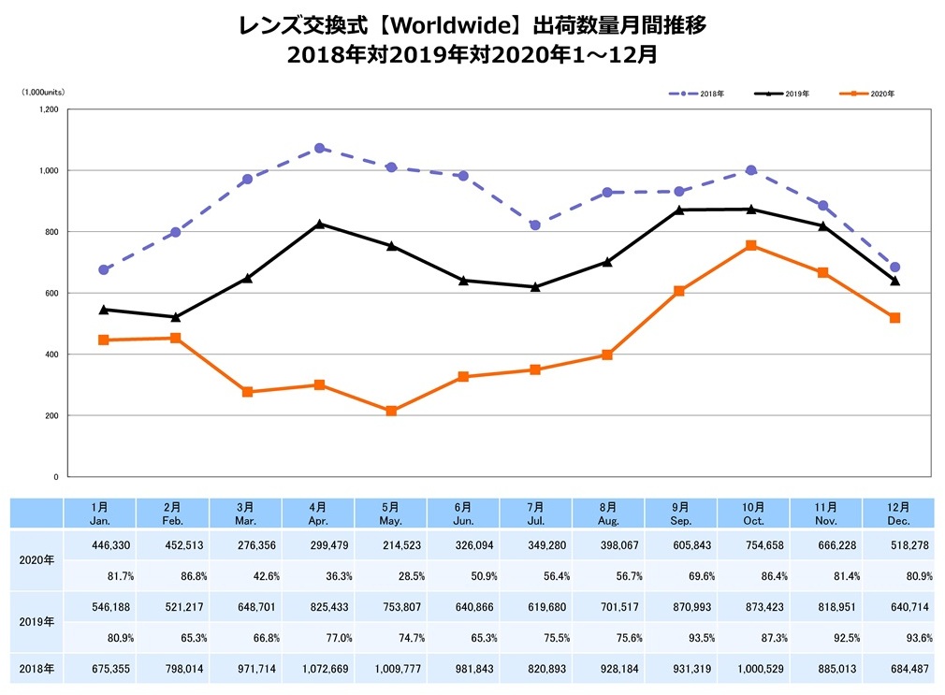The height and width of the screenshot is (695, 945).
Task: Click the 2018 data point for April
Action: point(319,148)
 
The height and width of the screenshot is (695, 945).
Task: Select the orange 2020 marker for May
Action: point(391,411)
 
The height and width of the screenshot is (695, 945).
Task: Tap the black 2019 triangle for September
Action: point(679,210)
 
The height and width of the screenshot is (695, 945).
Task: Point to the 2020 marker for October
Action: point(751,245)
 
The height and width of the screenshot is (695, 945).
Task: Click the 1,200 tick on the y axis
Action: point(48,109)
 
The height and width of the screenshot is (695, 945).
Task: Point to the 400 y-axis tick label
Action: point(51,355)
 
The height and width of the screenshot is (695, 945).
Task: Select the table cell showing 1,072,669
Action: point(318,669)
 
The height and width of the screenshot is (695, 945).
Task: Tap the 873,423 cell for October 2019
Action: point(753,607)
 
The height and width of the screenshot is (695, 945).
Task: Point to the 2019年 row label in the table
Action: point(36,620)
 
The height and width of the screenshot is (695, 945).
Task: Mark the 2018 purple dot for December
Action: point(895,268)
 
